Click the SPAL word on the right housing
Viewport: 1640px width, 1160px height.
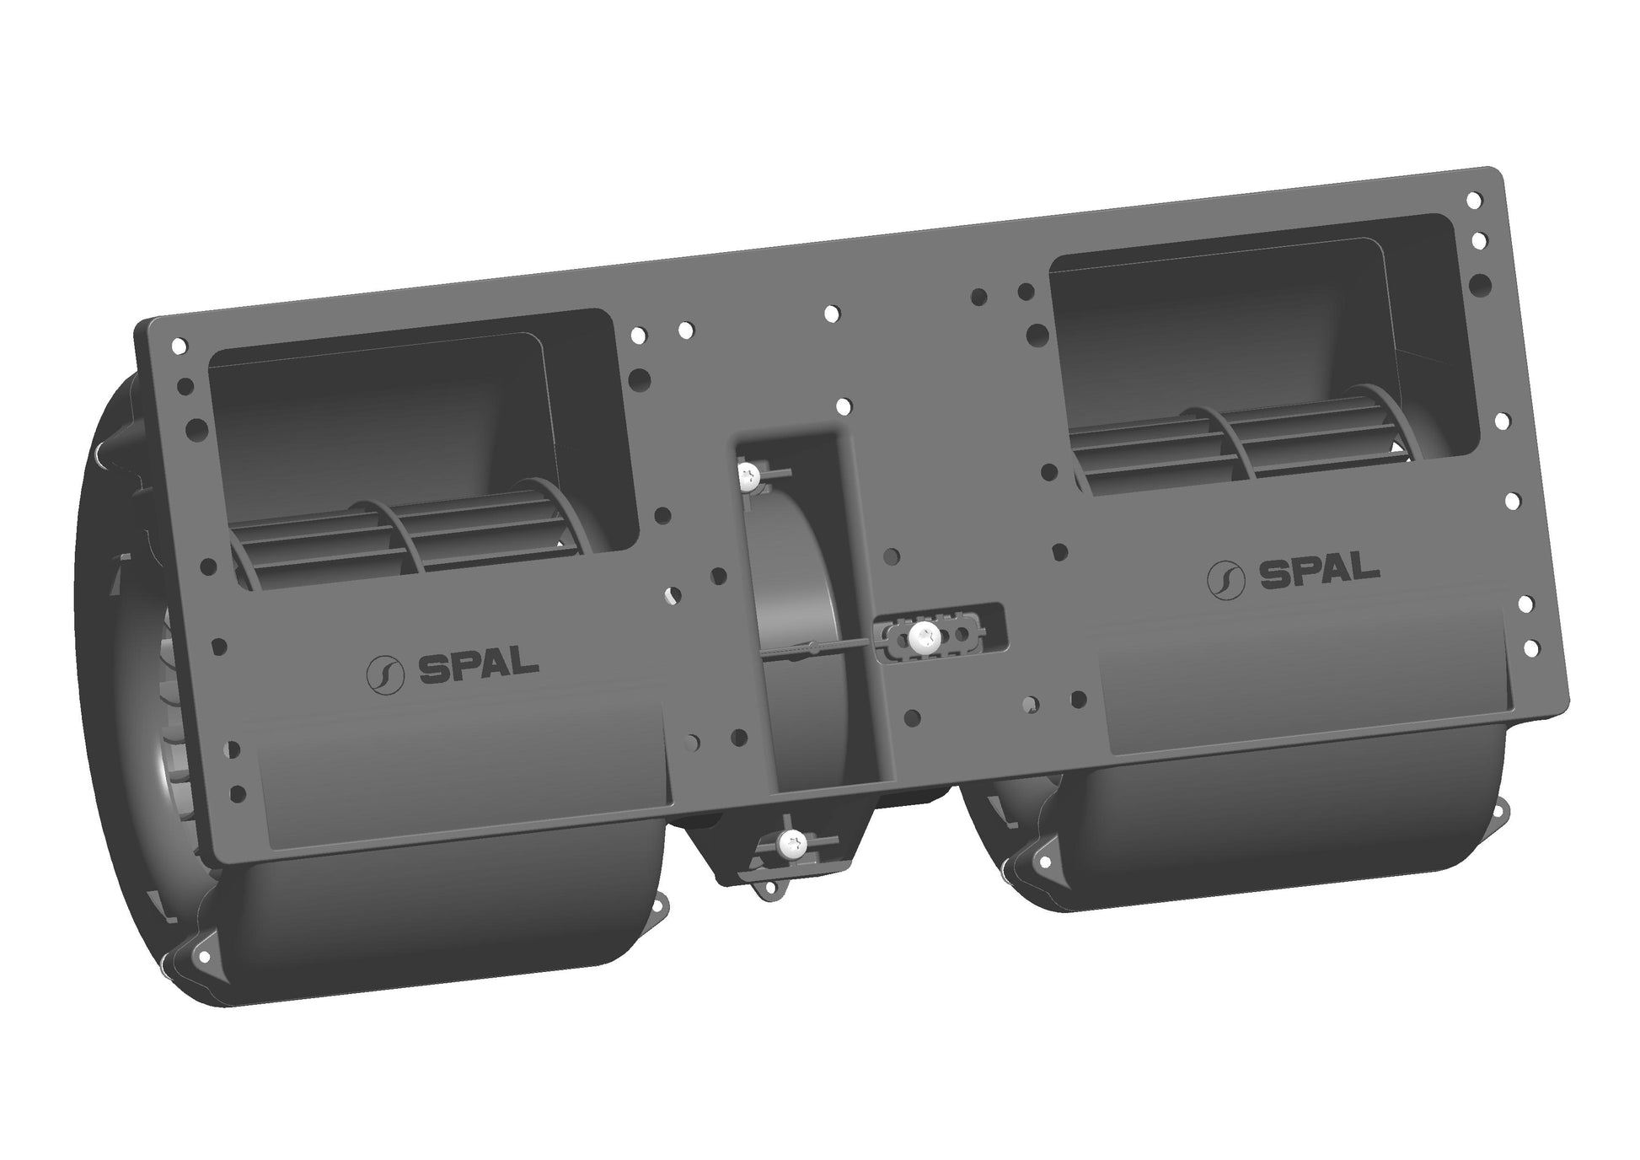coord(1319,572)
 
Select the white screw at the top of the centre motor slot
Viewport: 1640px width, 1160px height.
coord(748,478)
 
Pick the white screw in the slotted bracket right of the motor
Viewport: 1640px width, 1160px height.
coord(924,637)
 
